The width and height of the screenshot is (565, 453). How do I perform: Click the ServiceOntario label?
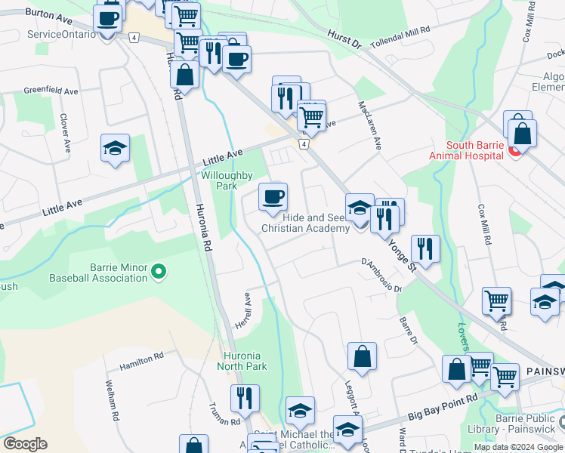pyautogui.click(x=61, y=35)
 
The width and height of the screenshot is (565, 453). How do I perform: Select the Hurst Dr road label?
pyautogui.click(x=345, y=36)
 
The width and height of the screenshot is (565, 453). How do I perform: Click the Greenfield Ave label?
pyautogui.click(x=51, y=91)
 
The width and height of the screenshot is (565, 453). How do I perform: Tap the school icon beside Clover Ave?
pyautogui.click(x=116, y=149)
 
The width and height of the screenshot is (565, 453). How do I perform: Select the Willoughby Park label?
pyautogui.click(x=226, y=180)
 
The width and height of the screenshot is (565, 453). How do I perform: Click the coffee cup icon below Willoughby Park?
pyautogui.click(x=273, y=197)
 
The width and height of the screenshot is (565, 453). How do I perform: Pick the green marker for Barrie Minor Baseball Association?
pyautogui.click(x=159, y=270)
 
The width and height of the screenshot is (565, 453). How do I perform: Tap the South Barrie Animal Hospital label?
pyautogui.click(x=465, y=150)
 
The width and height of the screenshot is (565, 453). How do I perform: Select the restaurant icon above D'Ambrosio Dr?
pyautogui.click(x=425, y=248)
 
